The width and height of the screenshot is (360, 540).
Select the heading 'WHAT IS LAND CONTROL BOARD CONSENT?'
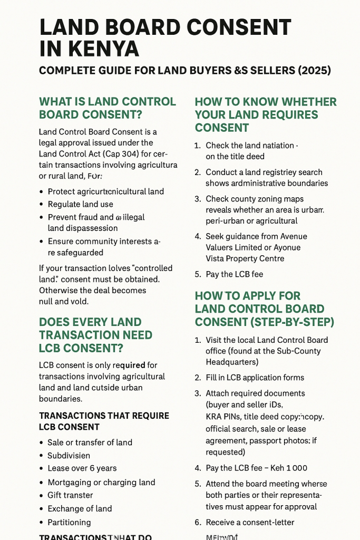coord(108,108)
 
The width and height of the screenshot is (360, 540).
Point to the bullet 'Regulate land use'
coord(80,204)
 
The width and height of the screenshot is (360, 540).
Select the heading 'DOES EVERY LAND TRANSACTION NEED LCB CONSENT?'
coord(95,335)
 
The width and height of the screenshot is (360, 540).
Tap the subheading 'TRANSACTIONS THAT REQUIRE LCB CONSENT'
coord(104,421)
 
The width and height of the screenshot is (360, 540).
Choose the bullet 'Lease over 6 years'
coord(82,468)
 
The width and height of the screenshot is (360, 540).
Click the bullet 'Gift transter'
coord(70,495)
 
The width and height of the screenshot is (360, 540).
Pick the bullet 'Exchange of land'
coord(80,508)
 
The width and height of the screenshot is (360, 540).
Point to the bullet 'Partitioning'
coord(69,522)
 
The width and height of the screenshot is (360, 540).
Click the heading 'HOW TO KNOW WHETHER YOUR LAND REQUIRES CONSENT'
coord(265,114)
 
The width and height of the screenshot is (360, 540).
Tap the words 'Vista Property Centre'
coord(245,258)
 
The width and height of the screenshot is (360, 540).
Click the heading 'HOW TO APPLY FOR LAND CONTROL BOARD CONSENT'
coord(265,308)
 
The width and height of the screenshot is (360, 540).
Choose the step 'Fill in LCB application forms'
coord(255,378)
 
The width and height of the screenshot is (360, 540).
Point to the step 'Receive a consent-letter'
coord(250,522)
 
